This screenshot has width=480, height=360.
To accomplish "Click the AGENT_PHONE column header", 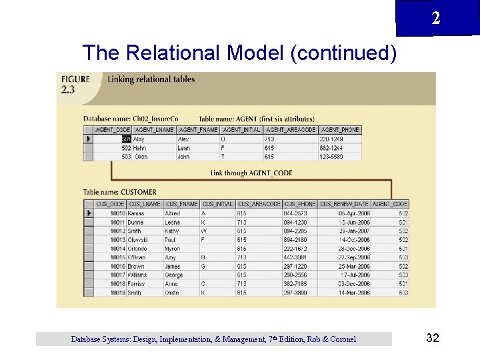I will click(x=340, y=129).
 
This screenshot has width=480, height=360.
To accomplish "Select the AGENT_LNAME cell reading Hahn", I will click(x=139, y=148).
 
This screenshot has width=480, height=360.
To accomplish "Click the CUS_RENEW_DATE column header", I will click(x=343, y=204).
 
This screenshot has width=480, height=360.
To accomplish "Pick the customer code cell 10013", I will click(x=117, y=239).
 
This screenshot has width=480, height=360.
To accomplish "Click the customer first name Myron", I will click(x=173, y=249).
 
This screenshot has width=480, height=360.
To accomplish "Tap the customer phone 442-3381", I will click(x=295, y=257).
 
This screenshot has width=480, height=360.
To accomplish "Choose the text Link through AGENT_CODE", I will click(x=251, y=173).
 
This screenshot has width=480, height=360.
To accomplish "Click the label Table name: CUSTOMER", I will click(x=119, y=192).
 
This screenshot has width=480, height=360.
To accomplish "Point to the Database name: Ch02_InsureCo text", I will click(x=131, y=119).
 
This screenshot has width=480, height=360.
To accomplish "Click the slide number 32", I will click(x=432, y=338).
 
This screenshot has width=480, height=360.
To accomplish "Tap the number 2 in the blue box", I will click(x=435, y=19).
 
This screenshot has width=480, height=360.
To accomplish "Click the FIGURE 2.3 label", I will click(x=75, y=83).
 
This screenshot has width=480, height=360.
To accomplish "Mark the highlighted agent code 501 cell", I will click(x=126, y=139).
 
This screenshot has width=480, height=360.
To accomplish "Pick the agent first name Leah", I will click(x=183, y=148).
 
